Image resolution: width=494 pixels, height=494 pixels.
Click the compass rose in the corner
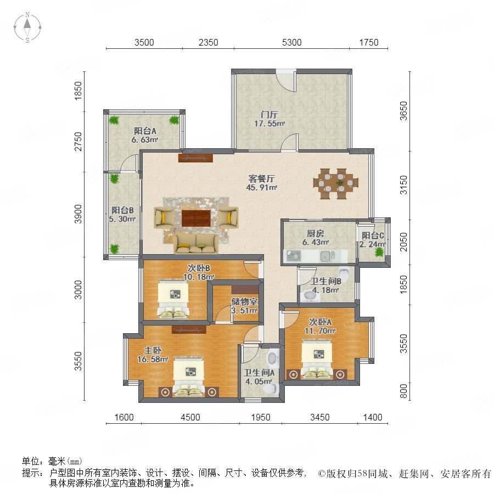(x=27, y=27)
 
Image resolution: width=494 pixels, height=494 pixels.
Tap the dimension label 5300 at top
(x=292, y=42)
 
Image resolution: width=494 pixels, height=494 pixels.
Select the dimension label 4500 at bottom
(x=190, y=418)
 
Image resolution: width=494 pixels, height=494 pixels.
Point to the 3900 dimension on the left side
(x=78, y=214)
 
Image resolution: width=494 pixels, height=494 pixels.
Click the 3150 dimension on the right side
(x=403, y=186)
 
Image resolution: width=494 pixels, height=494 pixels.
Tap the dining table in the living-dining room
(x=336, y=184)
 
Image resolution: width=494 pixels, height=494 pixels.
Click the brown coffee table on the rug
(x=196, y=218)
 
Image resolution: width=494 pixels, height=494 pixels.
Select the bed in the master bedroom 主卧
(x=188, y=377)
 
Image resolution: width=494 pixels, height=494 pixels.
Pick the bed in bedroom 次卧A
(x=317, y=359)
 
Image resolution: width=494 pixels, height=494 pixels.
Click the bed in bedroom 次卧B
(x=173, y=300)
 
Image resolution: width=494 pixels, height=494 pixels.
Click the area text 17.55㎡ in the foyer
(x=270, y=123)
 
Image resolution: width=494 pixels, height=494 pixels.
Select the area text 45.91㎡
(x=261, y=188)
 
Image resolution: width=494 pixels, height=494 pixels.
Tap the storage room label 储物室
(x=244, y=301)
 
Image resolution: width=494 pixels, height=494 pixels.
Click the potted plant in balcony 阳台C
(x=379, y=252)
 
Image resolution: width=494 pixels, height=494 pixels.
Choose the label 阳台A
(x=145, y=131)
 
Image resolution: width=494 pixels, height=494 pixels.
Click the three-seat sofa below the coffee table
(x=196, y=244)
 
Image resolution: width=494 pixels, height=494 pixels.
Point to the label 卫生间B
(x=325, y=281)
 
